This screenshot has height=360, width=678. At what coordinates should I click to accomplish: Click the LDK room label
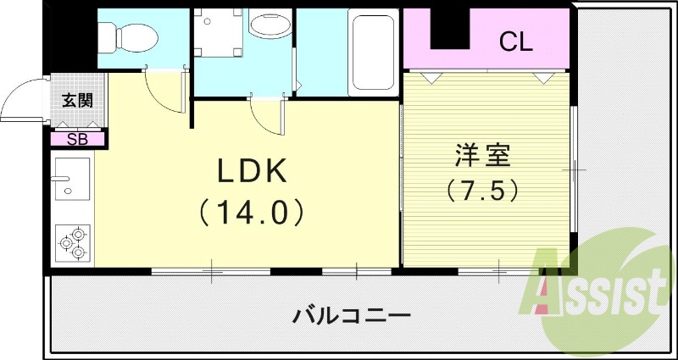[253, 173]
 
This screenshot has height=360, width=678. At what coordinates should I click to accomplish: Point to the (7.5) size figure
[482, 191]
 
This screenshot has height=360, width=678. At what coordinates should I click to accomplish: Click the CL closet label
[515, 41]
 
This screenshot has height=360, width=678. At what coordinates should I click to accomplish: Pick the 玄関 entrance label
[77, 100]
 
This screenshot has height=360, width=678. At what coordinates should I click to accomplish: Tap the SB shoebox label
[77, 139]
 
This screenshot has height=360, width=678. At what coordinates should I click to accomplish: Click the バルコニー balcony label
[352, 317]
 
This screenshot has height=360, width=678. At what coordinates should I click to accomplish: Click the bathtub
[373, 53]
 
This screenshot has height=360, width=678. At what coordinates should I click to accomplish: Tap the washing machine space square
[219, 33]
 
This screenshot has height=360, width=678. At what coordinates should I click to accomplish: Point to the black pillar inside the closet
[449, 25]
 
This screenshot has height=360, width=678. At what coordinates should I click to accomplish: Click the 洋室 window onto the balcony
[500, 272]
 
